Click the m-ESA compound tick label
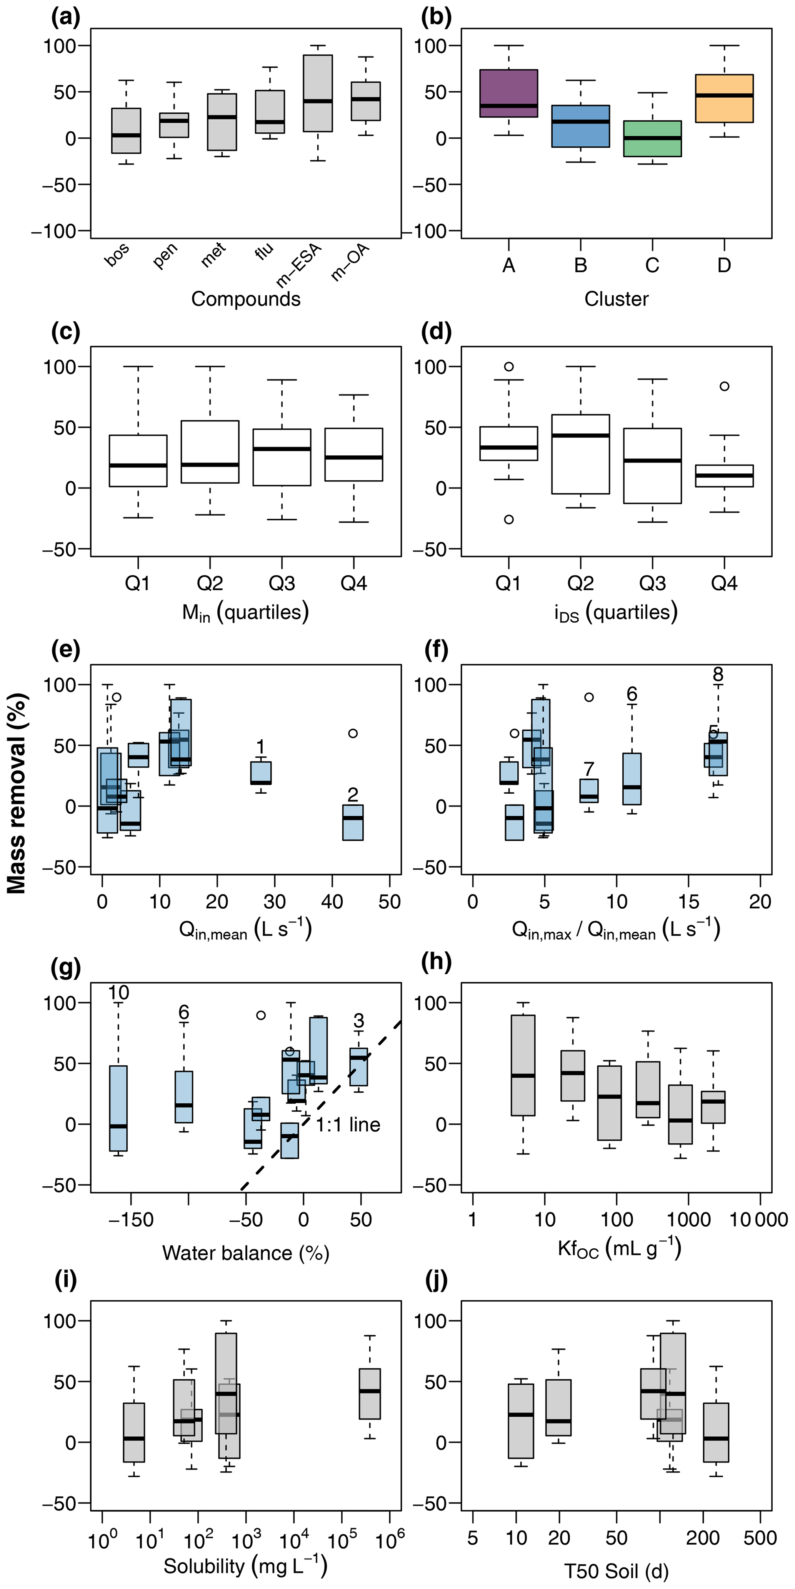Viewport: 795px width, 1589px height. (300, 266)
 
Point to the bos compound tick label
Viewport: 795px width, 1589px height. (117, 254)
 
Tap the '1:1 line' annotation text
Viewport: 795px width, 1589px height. (348, 1124)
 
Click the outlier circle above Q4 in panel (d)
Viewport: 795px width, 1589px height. (724, 386)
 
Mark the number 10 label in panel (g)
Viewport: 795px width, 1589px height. (118, 993)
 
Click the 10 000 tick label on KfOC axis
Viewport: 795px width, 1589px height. (758, 1219)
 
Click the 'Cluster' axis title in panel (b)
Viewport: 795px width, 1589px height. (616, 299)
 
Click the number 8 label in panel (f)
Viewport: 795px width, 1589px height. (717, 674)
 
